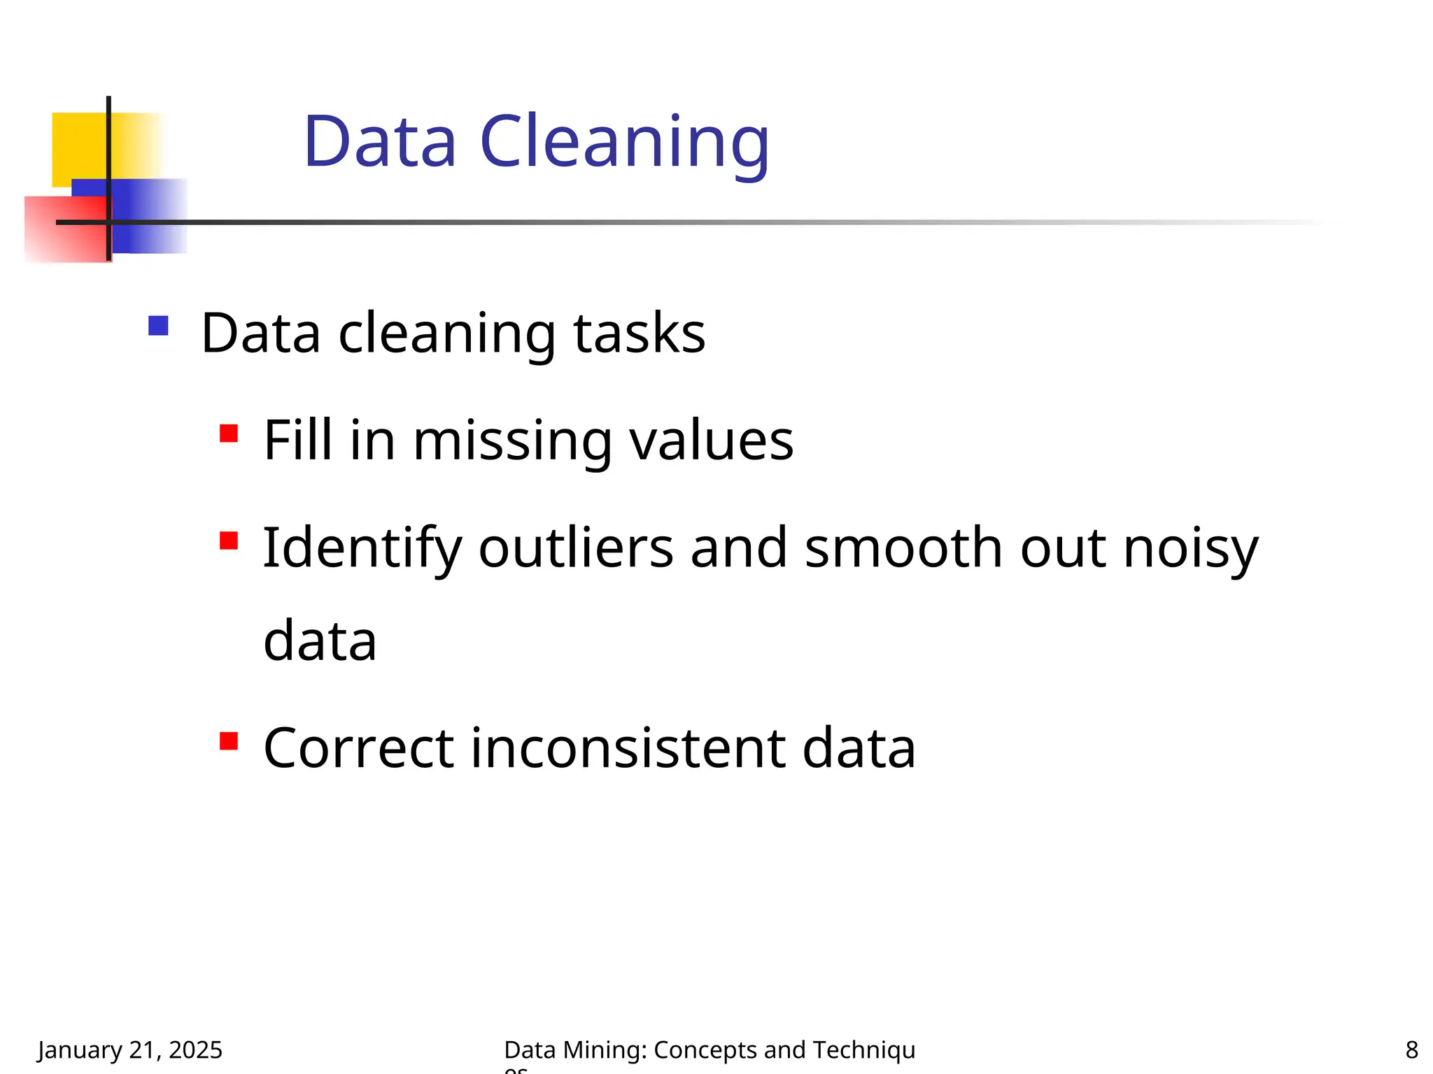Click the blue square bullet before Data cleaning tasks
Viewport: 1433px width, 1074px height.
coord(159,326)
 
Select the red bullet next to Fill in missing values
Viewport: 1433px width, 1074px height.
coord(229,434)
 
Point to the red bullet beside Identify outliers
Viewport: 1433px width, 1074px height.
coord(229,540)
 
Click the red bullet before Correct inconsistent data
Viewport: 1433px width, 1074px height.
coord(229,740)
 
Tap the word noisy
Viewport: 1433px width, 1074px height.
coord(1191,550)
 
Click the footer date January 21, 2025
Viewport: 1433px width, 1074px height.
coord(130,1050)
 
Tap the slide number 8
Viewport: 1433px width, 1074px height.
coord(1411,1050)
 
